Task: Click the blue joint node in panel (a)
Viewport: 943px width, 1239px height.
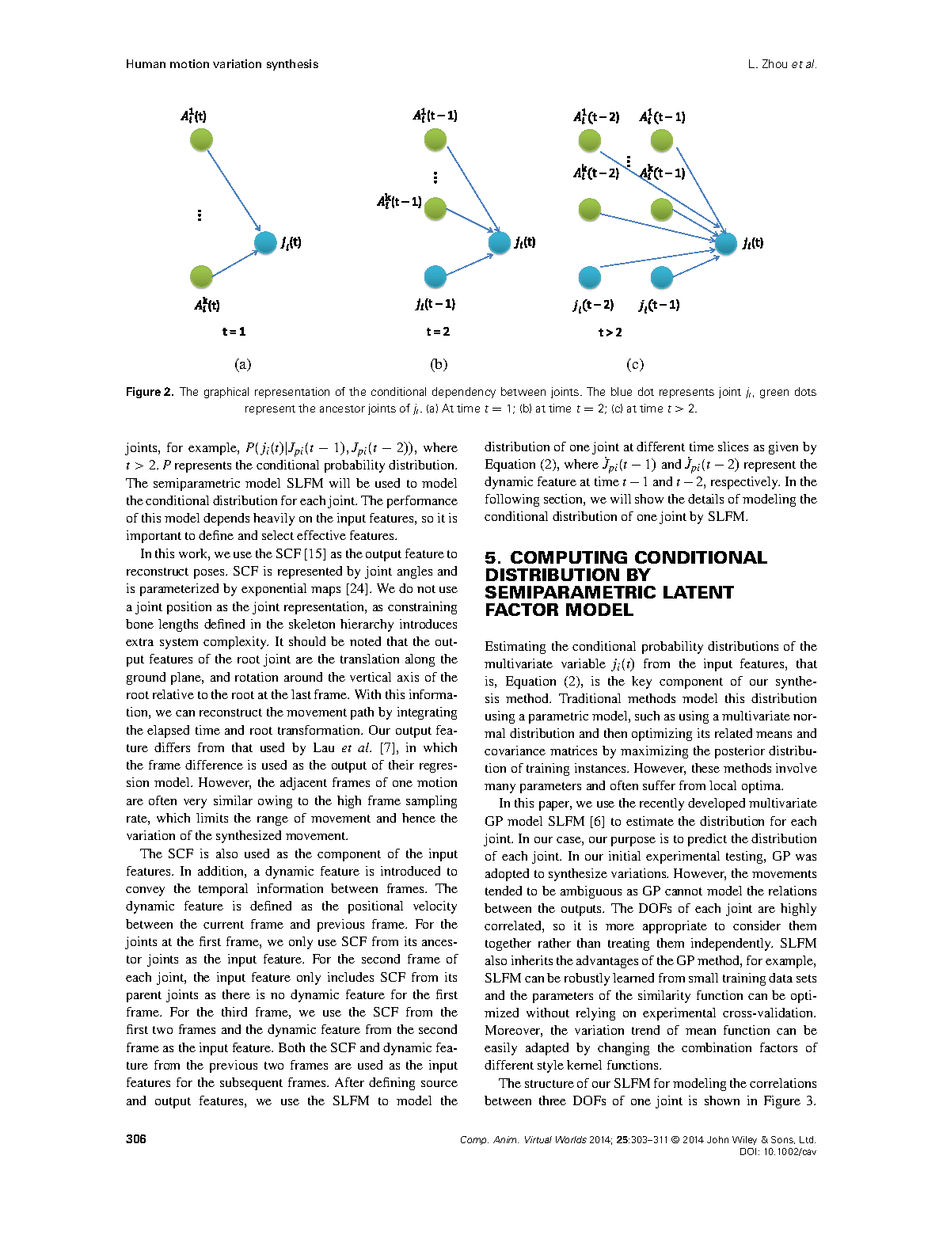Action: [265, 242]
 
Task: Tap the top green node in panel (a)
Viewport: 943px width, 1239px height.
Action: [202, 140]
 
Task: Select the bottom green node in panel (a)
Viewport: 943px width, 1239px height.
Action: [202, 276]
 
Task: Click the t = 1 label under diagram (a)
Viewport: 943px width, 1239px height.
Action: [234, 332]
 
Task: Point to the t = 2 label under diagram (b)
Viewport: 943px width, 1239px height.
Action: [438, 332]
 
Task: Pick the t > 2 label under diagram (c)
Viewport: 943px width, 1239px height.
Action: [610, 333]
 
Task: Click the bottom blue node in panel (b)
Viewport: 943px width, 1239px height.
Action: [435, 276]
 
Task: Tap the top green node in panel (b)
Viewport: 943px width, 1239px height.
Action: [435, 140]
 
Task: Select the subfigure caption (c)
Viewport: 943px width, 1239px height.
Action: [635, 364]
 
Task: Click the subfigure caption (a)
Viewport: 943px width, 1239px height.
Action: [242, 364]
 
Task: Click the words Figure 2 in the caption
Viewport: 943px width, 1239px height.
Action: [149, 392]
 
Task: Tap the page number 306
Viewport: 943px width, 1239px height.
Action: [136, 1139]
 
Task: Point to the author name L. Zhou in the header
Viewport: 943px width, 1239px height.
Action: [767, 64]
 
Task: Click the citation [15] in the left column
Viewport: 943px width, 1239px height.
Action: [314, 554]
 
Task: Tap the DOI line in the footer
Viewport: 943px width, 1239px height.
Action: [778, 1152]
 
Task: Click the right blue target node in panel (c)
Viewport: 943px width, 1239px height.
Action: [726, 243]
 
